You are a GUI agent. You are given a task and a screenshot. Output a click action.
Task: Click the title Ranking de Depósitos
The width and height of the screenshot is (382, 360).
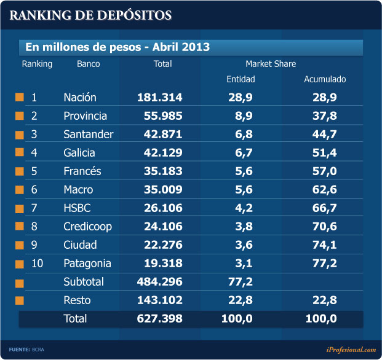(x=90, y=15)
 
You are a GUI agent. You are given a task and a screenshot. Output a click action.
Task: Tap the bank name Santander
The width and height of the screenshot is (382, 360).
(x=86, y=134)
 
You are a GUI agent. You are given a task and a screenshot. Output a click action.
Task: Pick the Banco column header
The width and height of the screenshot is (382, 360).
(x=89, y=64)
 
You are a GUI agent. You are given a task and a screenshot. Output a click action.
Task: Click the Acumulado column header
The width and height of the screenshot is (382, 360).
(x=325, y=79)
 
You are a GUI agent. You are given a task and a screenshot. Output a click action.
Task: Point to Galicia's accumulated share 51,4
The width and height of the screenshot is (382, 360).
(x=324, y=152)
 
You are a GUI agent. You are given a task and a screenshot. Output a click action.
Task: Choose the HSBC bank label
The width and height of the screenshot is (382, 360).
(x=78, y=208)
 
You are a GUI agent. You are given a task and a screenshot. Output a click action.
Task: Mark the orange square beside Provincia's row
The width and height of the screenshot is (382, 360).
(x=20, y=115)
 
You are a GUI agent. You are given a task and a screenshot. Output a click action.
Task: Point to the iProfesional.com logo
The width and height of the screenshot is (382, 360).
(x=351, y=350)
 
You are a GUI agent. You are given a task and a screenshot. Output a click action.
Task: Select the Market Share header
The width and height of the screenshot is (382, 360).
(x=271, y=64)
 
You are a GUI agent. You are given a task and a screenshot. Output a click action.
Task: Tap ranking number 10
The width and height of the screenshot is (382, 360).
(x=37, y=263)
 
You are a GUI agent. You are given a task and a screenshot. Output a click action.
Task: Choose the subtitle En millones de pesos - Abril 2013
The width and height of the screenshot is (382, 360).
(x=117, y=47)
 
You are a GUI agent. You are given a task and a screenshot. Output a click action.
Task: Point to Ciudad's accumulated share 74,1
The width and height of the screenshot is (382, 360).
(x=324, y=245)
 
